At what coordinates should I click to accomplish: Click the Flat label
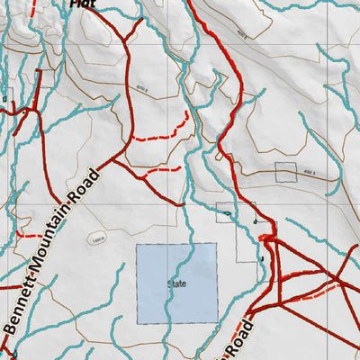tap(82, 4)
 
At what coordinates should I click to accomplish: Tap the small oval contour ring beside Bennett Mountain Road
tap(97, 240)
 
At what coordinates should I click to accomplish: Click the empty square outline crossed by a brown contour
tap(286, 173)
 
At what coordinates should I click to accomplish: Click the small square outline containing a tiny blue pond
tap(224, 212)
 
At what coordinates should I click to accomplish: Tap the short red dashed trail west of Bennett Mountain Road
tap(31, 236)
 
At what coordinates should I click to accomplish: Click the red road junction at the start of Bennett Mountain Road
tap(113, 164)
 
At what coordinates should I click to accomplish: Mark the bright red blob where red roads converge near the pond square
tap(266, 236)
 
